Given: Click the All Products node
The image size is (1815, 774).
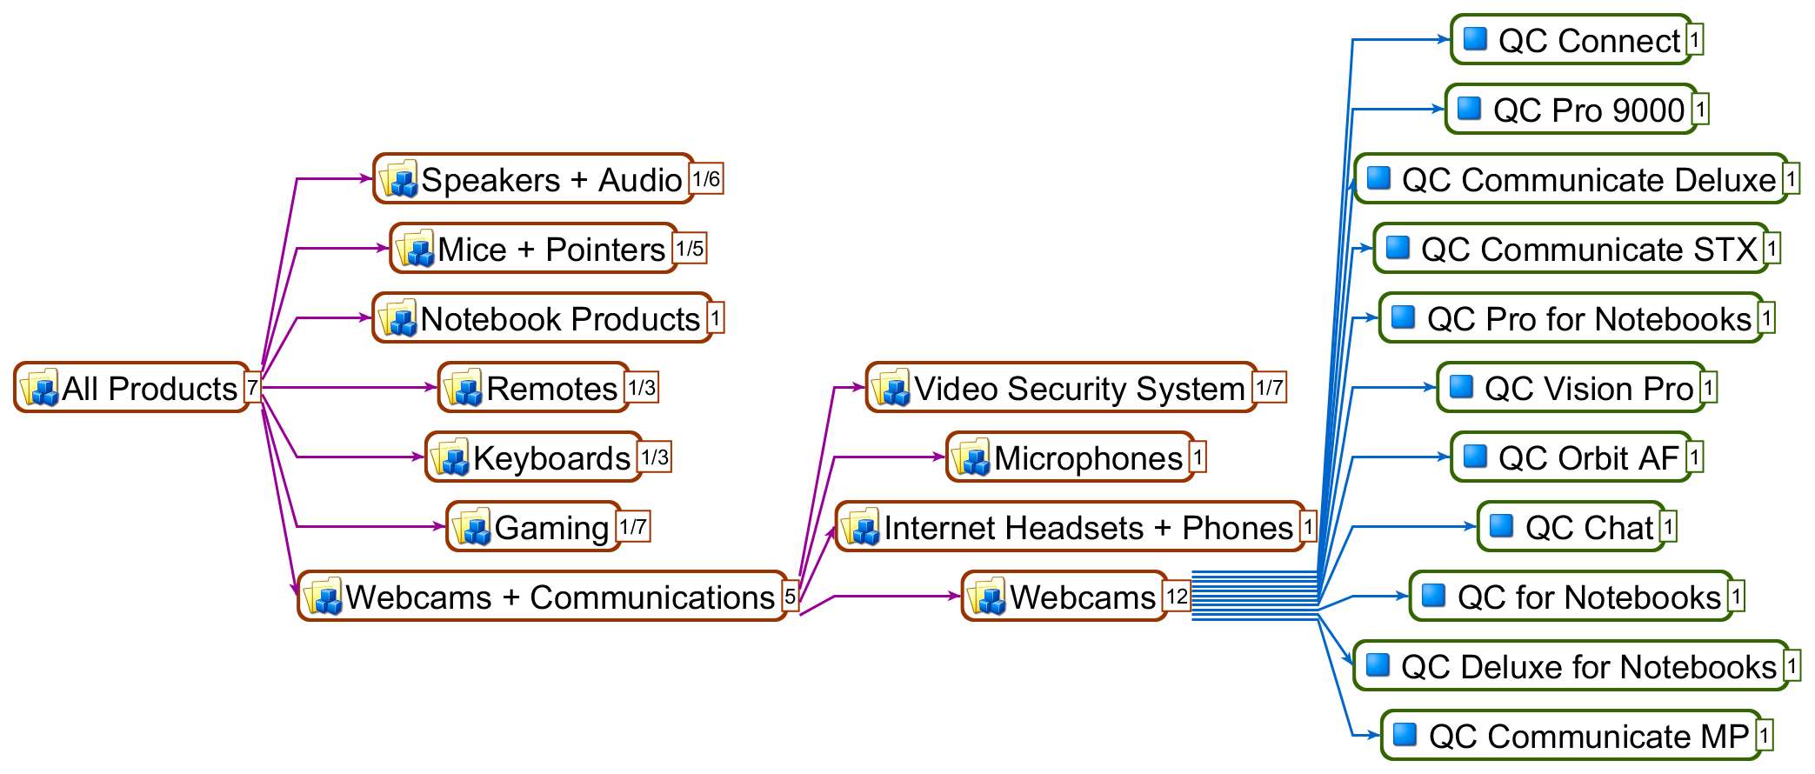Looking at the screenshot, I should [132, 388].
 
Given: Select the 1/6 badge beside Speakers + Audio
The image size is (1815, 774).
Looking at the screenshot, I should [706, 179].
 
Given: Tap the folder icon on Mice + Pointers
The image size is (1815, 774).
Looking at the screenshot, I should [415, 250].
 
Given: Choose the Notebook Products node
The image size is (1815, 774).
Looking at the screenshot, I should [543, 318].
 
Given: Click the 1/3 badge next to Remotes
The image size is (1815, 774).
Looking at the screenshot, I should [642, 388].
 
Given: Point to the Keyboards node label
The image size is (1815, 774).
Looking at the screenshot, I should [551, 458].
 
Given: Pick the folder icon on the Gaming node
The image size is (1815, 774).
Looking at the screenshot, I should [471, 528].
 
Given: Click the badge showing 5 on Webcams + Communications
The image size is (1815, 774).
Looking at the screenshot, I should [790, 597].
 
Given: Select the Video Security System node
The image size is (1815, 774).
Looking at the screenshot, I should [1061, 388].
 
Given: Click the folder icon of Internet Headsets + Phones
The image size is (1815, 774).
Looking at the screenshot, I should [861, 528].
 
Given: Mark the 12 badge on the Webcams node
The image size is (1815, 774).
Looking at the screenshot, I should [1177, 597].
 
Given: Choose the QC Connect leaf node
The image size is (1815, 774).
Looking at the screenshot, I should [1571, 40].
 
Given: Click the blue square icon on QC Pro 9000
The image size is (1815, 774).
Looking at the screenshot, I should [1469, 109].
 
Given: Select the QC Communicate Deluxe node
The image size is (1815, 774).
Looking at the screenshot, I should [1571, 179].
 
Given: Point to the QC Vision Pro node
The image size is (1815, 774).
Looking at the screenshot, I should [1571, 388].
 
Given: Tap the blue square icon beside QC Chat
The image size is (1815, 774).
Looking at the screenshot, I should [1501, 526].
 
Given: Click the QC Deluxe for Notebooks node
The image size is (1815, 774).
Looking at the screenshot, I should [1571, 666].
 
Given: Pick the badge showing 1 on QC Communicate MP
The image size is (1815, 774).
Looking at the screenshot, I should [1764, 736].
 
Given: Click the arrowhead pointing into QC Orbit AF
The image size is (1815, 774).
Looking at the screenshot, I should [1445, 457].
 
